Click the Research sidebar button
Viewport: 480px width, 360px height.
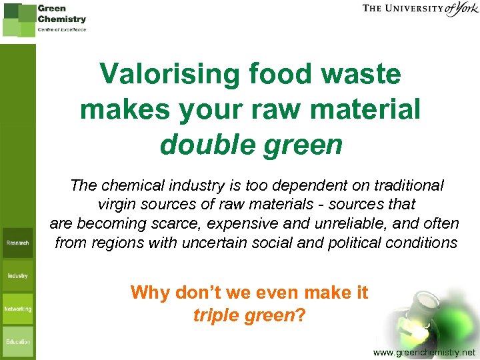coord(17,243)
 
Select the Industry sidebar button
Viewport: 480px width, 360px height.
coord(17,275)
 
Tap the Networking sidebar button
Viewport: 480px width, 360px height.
coord(17,309)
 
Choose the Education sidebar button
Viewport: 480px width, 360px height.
coord(17,341)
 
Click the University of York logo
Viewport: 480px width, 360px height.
coord(420,9)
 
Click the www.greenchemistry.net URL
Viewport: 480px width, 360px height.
coord(425,351)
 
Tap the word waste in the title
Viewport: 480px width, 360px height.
coord(365,75)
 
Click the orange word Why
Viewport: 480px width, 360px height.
coord(149,292)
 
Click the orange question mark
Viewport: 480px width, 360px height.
coord(301,315)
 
